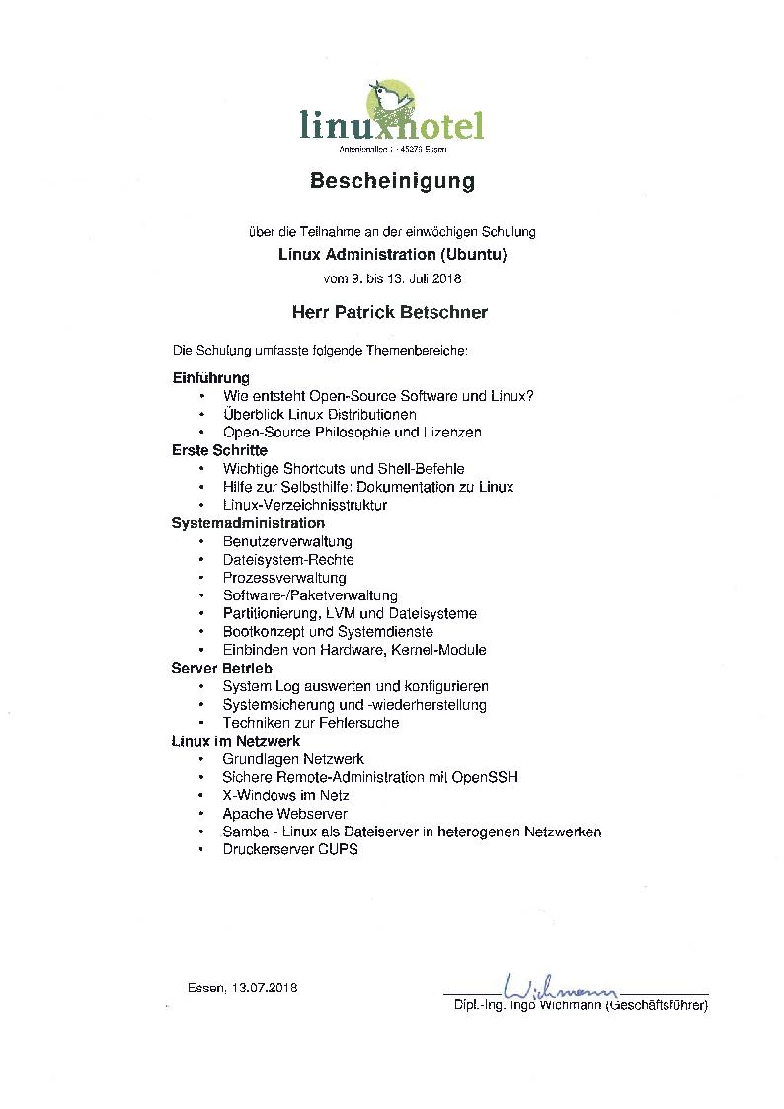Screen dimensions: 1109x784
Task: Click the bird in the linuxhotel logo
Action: coord(388,101)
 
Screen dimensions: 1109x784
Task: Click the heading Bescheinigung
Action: coord(392,181)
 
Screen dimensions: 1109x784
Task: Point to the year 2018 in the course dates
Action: coord(445,278)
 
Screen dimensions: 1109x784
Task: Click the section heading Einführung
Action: coord(210,378)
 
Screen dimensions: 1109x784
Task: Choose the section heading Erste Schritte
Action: coord(219,450)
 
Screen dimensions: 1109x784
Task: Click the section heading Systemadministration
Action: coord(248,523)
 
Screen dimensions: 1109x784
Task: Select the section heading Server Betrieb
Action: coord(221,669)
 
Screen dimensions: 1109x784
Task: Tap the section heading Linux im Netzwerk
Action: coord(236,741)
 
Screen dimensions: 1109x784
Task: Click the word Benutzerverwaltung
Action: coord(287,541)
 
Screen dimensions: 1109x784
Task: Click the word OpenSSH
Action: coord(485,777)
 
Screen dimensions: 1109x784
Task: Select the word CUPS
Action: coord(338,849)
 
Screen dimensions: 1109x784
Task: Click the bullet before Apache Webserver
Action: coord(200,814)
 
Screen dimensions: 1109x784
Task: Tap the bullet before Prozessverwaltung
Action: coord(200,578)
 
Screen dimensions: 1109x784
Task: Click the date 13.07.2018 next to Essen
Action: coord(265,988)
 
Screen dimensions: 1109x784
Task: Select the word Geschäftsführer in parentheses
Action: coord(658,1006)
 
